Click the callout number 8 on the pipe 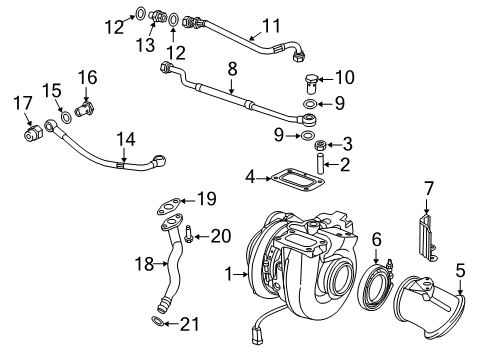tap(231, 69)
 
